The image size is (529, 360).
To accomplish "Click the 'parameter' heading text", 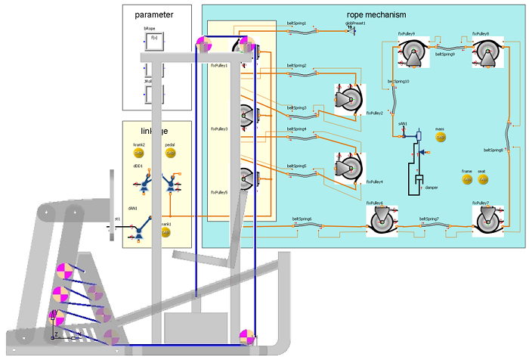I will pyautogui.click(x=153, y=14).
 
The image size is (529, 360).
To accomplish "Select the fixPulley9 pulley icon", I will pyautogui.click(x=413, y=51).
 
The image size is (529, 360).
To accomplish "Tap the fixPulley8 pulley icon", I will pyautogui.click(x=487, y=51).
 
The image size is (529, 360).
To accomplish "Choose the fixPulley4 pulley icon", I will pyautogui.click(x=349, y=167).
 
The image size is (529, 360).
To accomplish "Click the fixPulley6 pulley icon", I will pyautogui.click(x=382, y=221).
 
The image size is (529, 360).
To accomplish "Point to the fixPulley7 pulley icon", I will pyautogui.click(x=487, y=221).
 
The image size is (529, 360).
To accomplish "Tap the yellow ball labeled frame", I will pyautogui.click(x=467, y=179).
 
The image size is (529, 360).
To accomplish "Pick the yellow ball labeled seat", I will pyautogui.click(x=482, y=179).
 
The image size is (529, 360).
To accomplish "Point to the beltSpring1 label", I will pyautogui.click(x=297, y=23).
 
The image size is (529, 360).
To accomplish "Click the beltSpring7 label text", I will pyautogui.click(x=430, y=220).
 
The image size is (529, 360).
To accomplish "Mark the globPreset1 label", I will pyautogui.click(x=360, y=23).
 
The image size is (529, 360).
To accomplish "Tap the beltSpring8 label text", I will pyautogui.click(x=493, y=149).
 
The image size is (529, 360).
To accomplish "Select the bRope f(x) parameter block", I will pyautogui.click(x=154, y=40).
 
